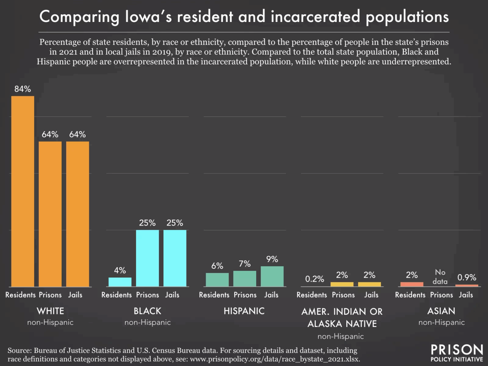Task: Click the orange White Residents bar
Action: (23, 192)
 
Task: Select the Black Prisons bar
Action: (147, 258)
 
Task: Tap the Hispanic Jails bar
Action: (272, 276)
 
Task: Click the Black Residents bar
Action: (120, 282)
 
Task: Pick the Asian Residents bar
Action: (412, 284)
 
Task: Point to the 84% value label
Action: (23, 89)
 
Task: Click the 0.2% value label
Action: (314, 279)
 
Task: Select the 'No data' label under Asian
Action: (440, 277)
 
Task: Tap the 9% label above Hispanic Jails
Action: (272, 259)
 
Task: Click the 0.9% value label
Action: (467, 277)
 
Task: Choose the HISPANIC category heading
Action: (244, 311)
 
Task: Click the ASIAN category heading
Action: (441, 311)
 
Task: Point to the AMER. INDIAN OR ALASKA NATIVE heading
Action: (342, 318)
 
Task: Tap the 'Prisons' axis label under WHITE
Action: (50, 295)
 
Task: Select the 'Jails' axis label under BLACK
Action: (172, 295)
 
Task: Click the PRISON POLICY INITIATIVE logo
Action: (457, 353)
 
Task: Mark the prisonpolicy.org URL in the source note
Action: (274, 359)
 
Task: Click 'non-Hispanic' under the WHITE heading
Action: (50, 322)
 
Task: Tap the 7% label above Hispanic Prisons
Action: (244, 264)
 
